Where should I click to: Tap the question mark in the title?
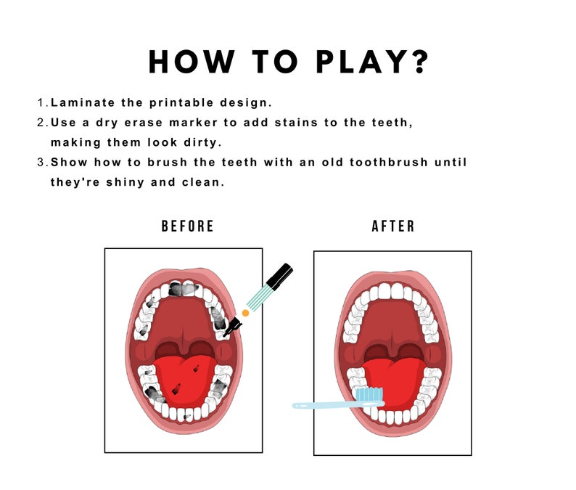pos(419,62)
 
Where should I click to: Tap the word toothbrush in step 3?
pos(384,162)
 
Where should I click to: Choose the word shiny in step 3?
pos(135,181)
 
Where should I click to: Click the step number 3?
pos(41,162)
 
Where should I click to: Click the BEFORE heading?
pos(188,226)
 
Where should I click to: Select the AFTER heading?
pos(393,226)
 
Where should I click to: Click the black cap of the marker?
pos(280,276)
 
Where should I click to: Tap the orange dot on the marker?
pos(245,313)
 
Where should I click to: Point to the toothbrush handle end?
pos(297,405)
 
